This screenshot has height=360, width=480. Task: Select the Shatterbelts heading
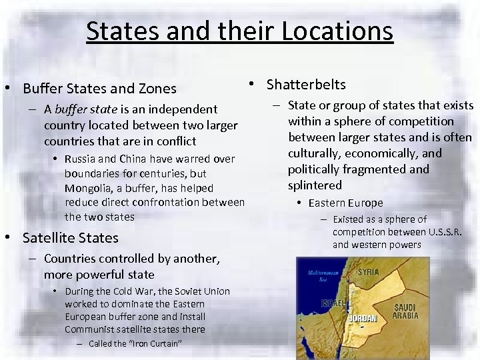306,85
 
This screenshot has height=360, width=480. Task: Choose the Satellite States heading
70,238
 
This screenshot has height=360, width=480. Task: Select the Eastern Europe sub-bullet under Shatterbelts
345,203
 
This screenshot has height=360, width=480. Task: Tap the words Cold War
137,291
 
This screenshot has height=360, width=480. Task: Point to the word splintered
315,185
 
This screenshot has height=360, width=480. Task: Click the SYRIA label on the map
369,272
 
